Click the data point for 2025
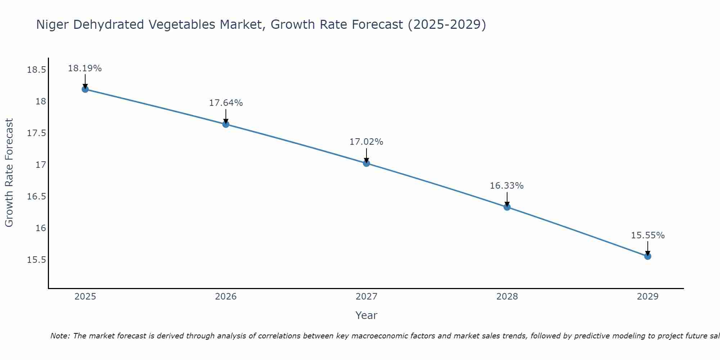coord(85,89)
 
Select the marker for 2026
coord(226,124)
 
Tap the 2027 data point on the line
coord(366,163)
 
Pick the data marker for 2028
coord(507,207)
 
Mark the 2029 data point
coord(648,256)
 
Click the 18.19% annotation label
coord(85,68)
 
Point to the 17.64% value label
coord(226,103)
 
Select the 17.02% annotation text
coord(366,142)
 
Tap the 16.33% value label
coord(507,186)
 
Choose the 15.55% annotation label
coord(648,235)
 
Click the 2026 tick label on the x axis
coord(226,297)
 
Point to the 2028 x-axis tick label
coord(507,297)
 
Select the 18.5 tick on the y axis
coord(37,70)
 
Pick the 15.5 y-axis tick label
coord(37,260)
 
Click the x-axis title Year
coord(366,315)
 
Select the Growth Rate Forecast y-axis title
coord(9,173)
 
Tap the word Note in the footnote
coord(60,336)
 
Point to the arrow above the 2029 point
coord(648,248)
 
